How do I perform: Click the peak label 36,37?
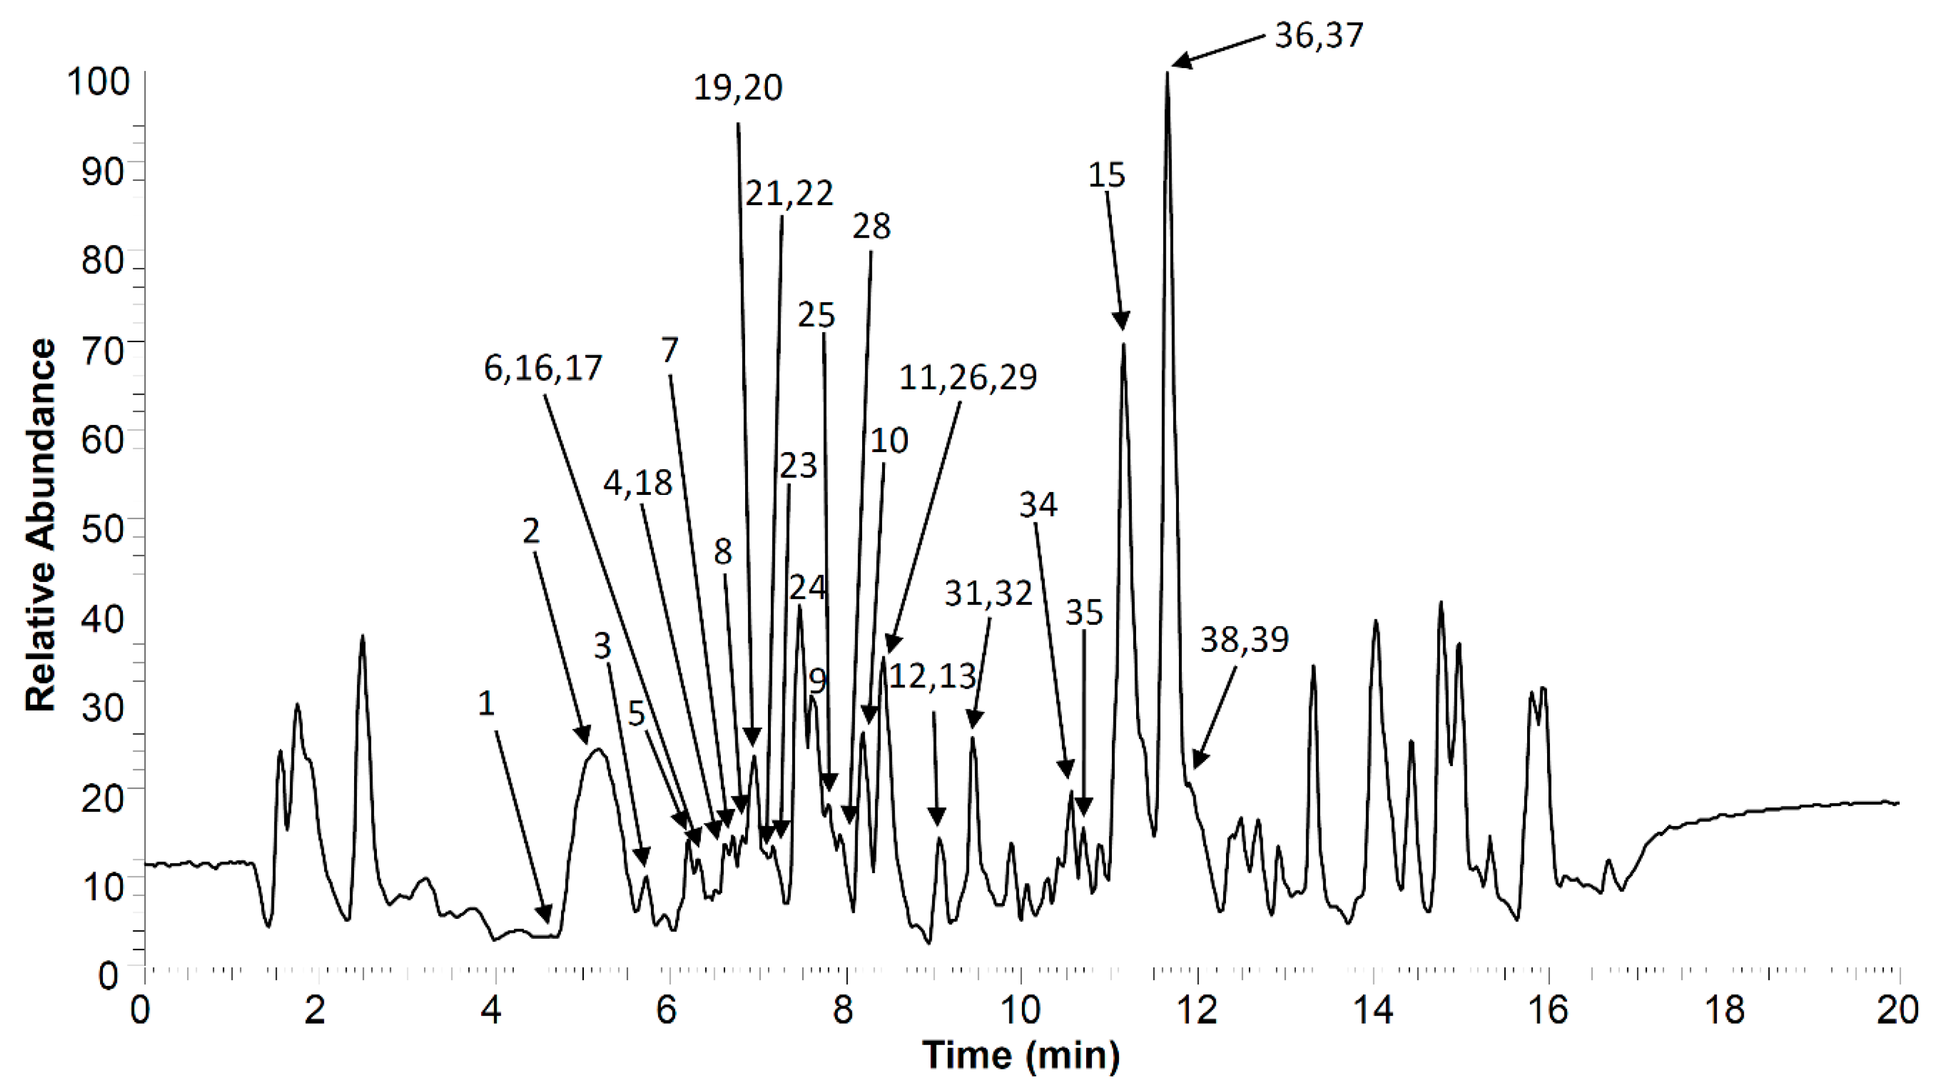point(1318,35)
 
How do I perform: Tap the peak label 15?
point(1106,175)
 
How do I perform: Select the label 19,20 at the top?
point(737,88)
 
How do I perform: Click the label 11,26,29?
point(968,377)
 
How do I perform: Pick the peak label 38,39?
point(1244,640)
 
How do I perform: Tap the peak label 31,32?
point(988,594)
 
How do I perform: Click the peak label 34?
point(1038,504)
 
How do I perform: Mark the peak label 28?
point(871,226)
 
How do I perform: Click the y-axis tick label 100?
point(98,81)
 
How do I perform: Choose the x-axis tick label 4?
point(491,1010)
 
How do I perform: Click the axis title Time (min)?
point(1021,1054)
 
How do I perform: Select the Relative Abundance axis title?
point(41,525)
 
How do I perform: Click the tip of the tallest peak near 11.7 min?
point(1167,73)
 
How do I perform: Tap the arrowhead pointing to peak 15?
point(1122,322)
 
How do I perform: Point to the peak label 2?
point(531,531)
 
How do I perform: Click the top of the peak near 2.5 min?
point(362,637)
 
